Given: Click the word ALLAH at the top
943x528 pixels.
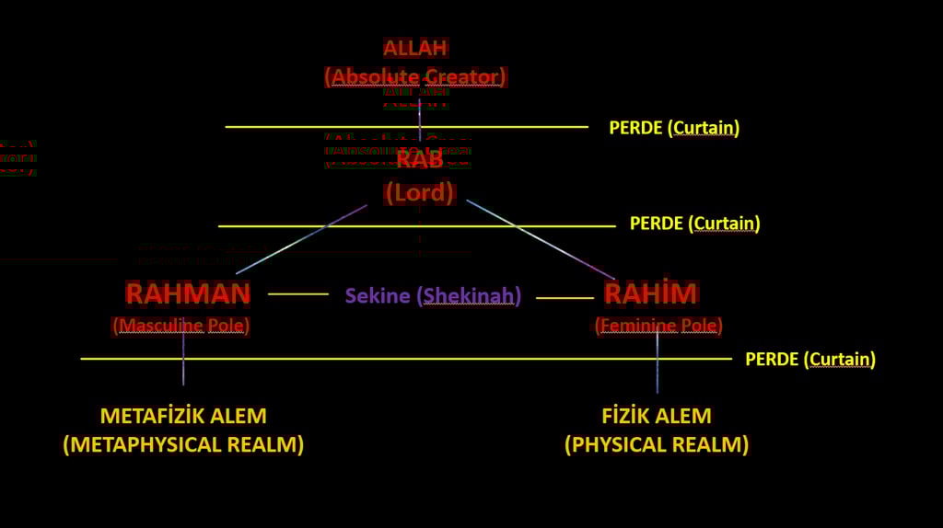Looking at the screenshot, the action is pyautogui.click(x=415, y=48).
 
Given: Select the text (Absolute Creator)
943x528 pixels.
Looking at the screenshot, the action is pyautogui.click(x=415, y=76).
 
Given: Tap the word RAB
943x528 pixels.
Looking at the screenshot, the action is pyautogui.click(x=420, y=158).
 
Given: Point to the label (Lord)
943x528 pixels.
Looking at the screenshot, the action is pyautogui.click(x=420, y=192).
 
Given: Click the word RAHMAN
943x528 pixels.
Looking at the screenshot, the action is pyautogui.click(x=188, y=293).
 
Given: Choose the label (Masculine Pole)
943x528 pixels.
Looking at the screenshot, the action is pyautogui.click(x=181, y=326).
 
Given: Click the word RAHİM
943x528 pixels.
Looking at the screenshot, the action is pyautogui.click(x=650, y=293).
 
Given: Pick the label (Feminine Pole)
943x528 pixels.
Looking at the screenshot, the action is pyautogui.click(x=658, y=326).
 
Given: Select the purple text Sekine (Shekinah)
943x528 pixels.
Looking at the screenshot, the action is pyautogui.click(x=433, y=296).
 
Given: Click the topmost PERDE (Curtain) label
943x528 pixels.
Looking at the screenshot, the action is pyautogui.click(x=674, y=128).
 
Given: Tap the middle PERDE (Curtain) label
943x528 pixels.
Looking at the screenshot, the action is pyautogui.click(x=694, y=224).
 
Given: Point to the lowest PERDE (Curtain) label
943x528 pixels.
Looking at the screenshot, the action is pyautogui.click(x=809, y=359).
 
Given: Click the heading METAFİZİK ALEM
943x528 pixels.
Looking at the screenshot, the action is pyautogui.click(x=183, y=416).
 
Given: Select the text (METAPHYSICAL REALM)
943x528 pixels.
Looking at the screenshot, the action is pyautogui.click(x=183, y=445).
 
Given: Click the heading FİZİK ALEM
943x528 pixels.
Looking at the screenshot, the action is pyautogui.click(x=657, y=416).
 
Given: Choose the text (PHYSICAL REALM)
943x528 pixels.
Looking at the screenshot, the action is pyautogui.click(x=657, y=445).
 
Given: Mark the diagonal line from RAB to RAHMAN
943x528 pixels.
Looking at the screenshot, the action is pyautogui.click(x=301, y=239).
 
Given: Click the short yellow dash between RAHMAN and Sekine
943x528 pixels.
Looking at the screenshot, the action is pyautogui.click(x=297, y=294).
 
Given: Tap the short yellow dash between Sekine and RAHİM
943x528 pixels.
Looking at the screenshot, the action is pyautogui.click(x=565, y=298).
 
